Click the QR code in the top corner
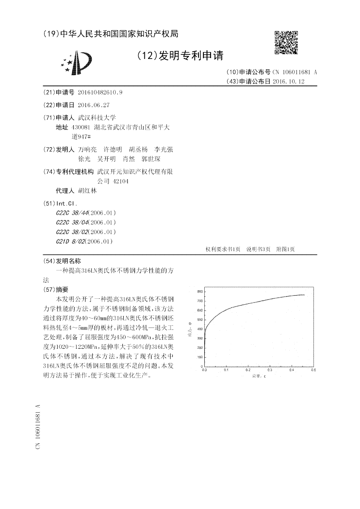click(x=286, y=42)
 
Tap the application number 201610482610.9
click(x=100, y=92)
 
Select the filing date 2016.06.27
click(x=94, y=104)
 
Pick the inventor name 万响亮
click(x=87, y=149)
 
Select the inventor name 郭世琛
click(x=151, y=159)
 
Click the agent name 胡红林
click(x=87, y=190)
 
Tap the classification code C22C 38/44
click(x=72, y=212)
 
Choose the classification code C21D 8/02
click(x=71, y=241)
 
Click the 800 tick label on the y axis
click(x=199, y=292)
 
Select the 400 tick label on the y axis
click(x=199, y=329)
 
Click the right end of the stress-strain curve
click(x=304, y=295)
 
